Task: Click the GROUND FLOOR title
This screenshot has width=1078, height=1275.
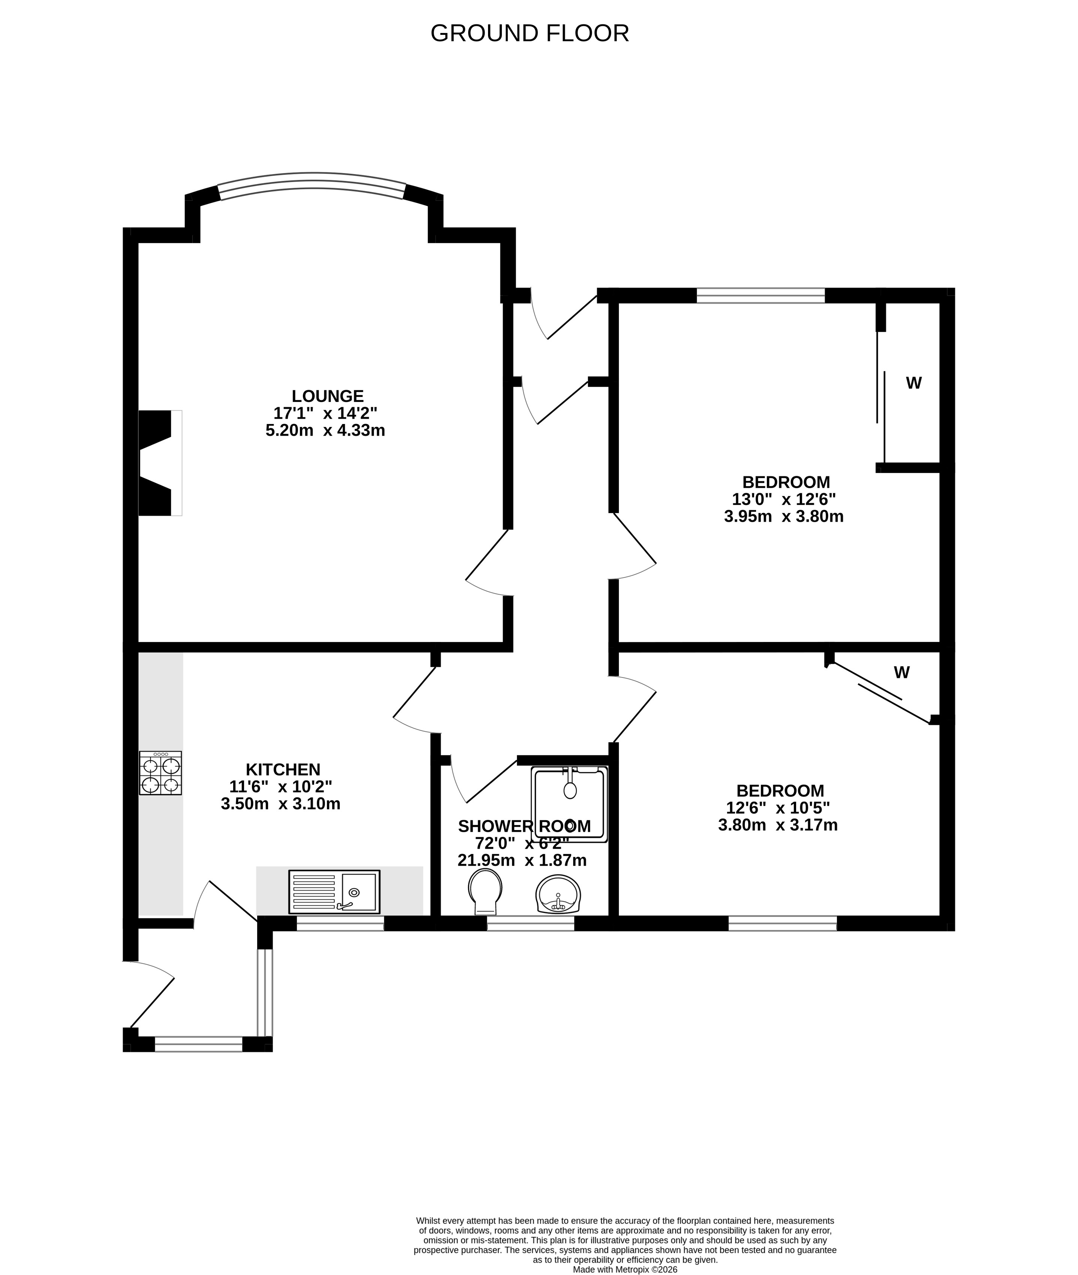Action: coord(530,33)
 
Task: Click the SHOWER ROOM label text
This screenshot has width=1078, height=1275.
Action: coord(524,826)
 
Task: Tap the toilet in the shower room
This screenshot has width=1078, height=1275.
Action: coord(485,892)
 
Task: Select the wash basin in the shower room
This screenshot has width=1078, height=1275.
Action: coord(558,894)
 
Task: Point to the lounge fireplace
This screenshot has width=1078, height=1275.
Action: coord(160,463)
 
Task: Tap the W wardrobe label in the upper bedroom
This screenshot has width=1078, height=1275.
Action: coord(913,383)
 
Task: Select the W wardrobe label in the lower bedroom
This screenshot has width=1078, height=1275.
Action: coord(902,672)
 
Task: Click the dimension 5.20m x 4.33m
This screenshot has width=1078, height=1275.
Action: coord(325,430)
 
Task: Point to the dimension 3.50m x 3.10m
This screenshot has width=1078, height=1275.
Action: coord(280,803)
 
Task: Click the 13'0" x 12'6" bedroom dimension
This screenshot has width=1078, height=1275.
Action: coord(784,499)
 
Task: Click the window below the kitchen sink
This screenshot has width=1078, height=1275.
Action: coord(340,923)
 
